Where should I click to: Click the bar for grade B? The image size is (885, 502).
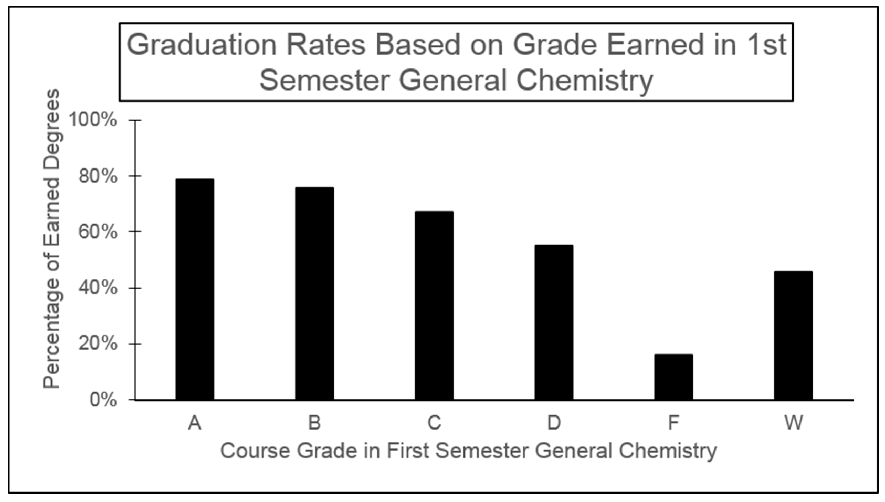pyautogui.click(x=314, y=293)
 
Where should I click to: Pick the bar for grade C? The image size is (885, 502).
pyautogui.click(x=434, y=305)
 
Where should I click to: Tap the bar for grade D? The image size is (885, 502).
pyautogui.click(x=554, y=322)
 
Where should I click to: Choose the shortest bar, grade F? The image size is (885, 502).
pyautogui.click(x=673, y=377)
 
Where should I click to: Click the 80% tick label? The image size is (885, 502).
pyautogui.click(x=98, y=177)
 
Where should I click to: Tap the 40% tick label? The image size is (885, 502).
pyautogui.click(x=98, y=288)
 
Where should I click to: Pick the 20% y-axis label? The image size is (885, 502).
pyautogui.click(x=98, y=344)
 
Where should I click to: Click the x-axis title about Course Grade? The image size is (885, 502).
pyautogui.click(x=468, y=451)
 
